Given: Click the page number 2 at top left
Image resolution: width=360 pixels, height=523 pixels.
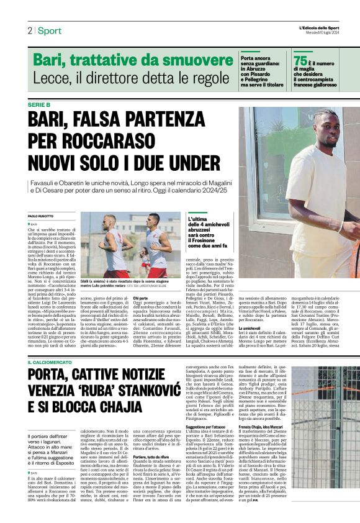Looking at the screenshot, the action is tap(29, 31).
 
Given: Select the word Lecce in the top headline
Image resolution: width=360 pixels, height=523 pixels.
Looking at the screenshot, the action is tap(50, 78).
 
